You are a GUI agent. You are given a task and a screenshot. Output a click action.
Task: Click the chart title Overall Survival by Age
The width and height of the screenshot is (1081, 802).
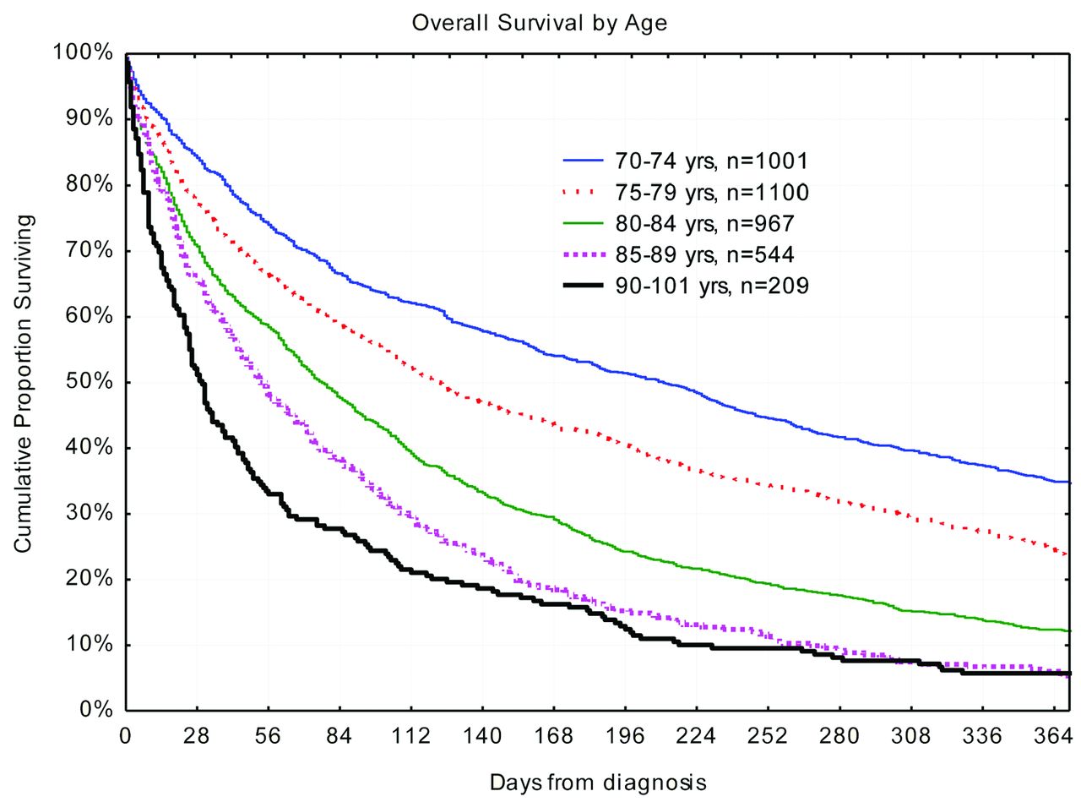539,23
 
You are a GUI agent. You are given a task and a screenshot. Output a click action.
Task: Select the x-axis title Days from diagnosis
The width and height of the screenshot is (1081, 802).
597,781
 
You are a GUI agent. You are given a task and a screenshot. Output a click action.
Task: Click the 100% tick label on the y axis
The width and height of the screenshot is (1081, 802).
83,53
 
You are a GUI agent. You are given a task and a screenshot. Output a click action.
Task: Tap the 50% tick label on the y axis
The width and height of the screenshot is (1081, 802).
89,382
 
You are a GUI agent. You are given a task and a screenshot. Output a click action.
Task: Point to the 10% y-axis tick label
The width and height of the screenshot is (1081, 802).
89,645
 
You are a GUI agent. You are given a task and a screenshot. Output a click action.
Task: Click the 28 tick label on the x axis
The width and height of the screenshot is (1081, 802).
197,736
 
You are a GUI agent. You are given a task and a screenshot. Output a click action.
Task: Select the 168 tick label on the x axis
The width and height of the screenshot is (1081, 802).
553,736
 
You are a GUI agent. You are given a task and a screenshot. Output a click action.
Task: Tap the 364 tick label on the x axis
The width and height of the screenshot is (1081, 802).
1052,736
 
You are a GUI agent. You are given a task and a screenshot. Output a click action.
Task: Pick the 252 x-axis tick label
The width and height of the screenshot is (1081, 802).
768,736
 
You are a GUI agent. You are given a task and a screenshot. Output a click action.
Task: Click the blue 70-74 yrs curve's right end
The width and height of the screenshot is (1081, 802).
1069,482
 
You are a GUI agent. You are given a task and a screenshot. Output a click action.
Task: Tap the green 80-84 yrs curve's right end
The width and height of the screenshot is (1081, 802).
1069,630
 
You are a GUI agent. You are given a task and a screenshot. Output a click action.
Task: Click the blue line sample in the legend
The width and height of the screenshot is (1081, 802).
583,161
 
